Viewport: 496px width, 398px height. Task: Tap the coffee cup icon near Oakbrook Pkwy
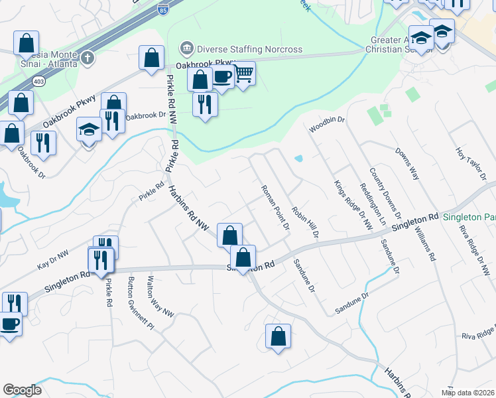[x=223, y=77]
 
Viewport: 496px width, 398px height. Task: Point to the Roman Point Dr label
[x=276, y=208]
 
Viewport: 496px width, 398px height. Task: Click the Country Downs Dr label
[x=385, y=192]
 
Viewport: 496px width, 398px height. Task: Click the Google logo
[x=23, y=390]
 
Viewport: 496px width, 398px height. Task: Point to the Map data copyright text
[x=468, y=393]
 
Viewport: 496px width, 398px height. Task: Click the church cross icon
[x=86, y=56]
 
